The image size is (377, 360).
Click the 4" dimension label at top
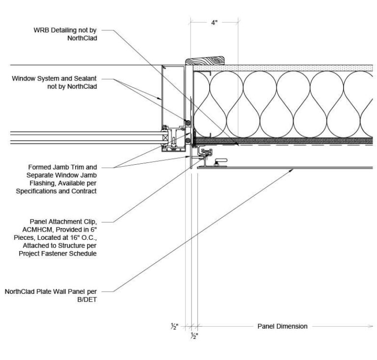[215, 23]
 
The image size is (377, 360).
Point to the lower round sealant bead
[188, 141]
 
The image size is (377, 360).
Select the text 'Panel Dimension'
[282, 326]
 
